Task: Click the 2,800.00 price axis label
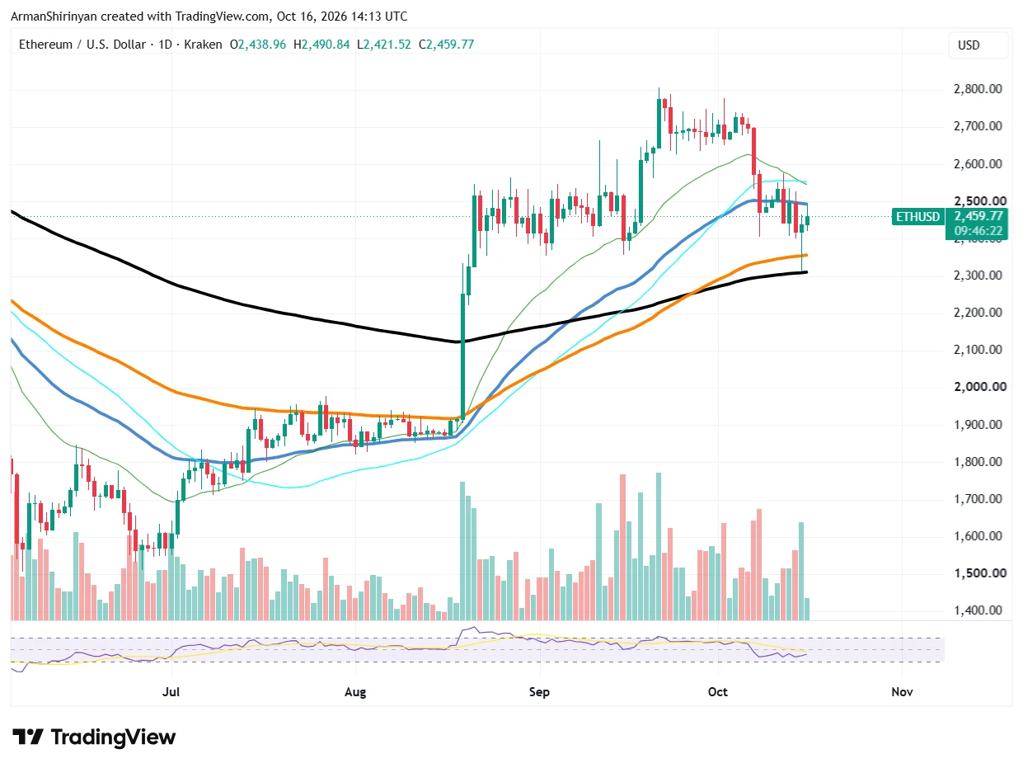click(x=978, y=88)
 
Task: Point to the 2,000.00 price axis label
click(x=979, y=387)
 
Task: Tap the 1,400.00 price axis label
click(x=978, y=610)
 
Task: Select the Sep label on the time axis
click(x=539, y=691)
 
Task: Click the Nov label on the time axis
click(x=902, y=691)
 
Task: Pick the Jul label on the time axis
click(x=171, y=691)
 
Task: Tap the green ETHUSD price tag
click(x=917, y=217)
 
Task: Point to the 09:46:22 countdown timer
click(x=978, y=231)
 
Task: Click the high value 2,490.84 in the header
click(x=326, y=45)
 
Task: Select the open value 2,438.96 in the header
click(x=262, y=45)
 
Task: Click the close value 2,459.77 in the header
click(x=450, y=45)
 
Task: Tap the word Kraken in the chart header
click(x=203, y=45)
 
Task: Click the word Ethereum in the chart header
click(x=45, y=45)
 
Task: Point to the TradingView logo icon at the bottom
click(x=28, y=737)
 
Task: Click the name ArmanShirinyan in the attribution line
click(x=54, y=16)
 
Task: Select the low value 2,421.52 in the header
click(x=387, y=45)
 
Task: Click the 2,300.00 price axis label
click(x=978, y=276)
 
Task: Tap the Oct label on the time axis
click(x=718, y=691)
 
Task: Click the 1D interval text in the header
click(x=165, y=45)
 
